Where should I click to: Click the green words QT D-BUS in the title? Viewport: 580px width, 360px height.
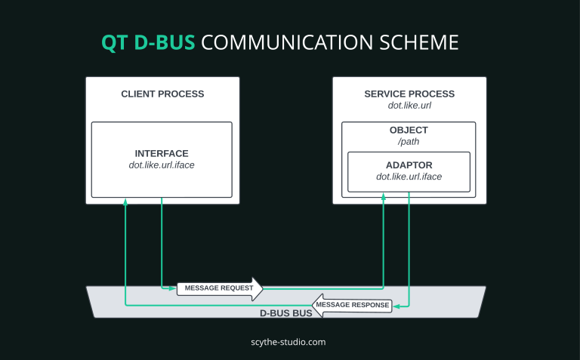[x=148, y=42]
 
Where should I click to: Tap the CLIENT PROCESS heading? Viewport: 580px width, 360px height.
[x=162, y=94]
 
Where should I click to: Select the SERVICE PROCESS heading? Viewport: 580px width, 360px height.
[x=409, y=94]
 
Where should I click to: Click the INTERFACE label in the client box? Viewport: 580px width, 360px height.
[x=162, y=153]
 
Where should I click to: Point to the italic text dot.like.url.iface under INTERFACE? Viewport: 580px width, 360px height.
[x=162, y=165]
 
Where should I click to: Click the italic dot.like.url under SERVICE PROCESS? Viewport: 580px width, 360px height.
[x=409, y=106]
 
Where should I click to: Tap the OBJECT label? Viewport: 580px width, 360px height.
[x=409, y=131]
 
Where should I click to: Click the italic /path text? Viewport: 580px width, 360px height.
[x=409, y=142]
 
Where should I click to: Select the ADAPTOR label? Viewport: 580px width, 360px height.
[x=409, y=165]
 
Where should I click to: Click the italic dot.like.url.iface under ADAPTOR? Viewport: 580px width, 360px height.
[x=409, y=177]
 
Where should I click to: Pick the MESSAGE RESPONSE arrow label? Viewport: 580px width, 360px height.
[x=352, y=306]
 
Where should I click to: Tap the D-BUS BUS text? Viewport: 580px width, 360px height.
[x=285, y=312]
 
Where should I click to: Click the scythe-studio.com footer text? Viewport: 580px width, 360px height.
[x=288, y=342]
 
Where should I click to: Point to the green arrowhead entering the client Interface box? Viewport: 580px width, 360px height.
[x=125, y=202]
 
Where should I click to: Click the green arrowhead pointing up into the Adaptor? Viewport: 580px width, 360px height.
[x=384, y=196]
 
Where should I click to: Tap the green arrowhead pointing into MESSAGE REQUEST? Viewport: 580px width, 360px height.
[x=173, y=288]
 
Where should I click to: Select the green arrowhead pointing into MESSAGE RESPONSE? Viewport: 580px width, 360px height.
[x=395, y=306]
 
